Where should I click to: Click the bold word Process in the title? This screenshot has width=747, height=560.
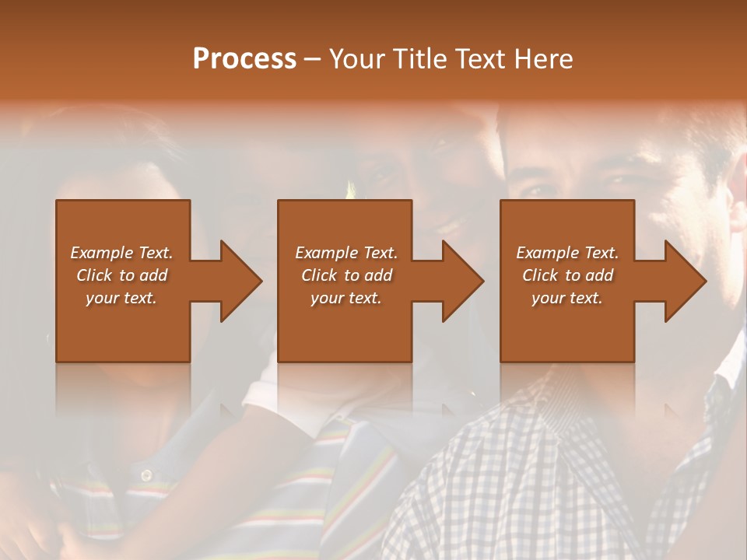click(x=244, y=59)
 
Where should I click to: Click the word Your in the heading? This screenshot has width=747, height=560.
click(x=358, y=59)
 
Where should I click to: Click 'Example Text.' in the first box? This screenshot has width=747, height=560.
click(x=122, y=253)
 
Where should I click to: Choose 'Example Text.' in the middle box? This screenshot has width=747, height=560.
click(x=346, y=253)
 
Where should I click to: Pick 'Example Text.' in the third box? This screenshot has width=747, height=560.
click(x=567, y=253)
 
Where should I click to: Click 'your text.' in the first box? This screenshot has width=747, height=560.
click(x=121, y=298)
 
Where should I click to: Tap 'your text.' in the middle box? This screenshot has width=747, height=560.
click(x=345, y=298)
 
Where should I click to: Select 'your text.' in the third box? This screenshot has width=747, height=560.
click(x=566, y=298)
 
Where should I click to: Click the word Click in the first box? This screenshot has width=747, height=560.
click(x=94, y=275)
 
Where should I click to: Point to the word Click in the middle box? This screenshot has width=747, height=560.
click(x=319, y=275)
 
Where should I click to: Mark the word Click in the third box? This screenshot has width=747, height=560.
click(x=540, y=275)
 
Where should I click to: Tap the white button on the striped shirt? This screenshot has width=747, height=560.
click(x=146, y=474)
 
